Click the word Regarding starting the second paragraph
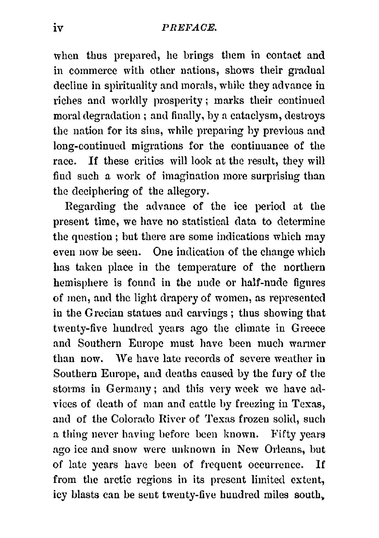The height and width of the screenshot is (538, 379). [x=91, y=207]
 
